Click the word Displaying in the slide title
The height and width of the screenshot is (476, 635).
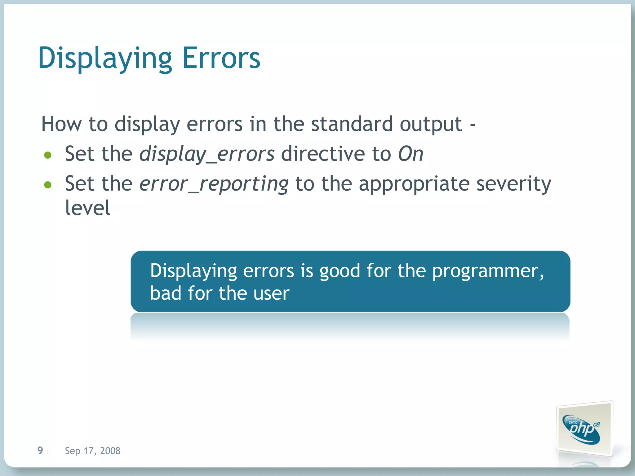(x=105, y=58)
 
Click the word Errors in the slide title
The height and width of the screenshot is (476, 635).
(x=221, y=58)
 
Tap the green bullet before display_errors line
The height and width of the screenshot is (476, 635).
(x=48, y=155)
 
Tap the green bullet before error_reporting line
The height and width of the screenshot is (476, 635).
(x=48, y=185)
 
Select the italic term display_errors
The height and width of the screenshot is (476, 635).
(x=206, y=154)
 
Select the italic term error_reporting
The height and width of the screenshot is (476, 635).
(x=214, y=184)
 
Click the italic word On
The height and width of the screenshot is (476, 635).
(x=411, y=154)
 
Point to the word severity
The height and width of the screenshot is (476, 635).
(x=513, y=184)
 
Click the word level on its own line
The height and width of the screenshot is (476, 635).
(x=87, y=208)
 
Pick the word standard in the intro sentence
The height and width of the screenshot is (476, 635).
(x=352, y=124)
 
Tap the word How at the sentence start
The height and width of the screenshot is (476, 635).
(x=62, y=124)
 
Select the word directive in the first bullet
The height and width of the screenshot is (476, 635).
(x=323, y=154)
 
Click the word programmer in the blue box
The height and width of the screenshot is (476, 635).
(x=488, y=271)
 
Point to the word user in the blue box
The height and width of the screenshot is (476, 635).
(x=271, y=293)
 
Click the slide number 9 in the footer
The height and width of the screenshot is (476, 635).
(x=40, y=450)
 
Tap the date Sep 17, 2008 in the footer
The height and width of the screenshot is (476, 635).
(x=92, y=451)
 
